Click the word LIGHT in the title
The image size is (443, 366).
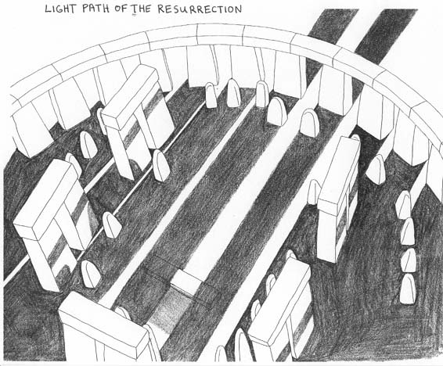tap(60, 9)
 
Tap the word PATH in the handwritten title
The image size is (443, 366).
tap(96, 9)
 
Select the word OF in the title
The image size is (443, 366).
tap(121, 9)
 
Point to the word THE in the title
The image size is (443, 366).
tap(141, 9)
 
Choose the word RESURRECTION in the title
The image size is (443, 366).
tap(200, 9)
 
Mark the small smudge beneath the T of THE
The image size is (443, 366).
tap(135, 16)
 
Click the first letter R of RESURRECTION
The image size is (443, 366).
tap(161, 9)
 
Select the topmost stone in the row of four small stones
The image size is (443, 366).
tap(403, 205)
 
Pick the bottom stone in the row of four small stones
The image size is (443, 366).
tap(407, 289)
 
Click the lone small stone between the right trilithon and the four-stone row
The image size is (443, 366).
tap(376, 170)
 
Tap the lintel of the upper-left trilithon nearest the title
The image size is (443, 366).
tap(130, 96)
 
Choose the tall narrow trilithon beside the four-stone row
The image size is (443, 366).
tap(339, 200)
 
